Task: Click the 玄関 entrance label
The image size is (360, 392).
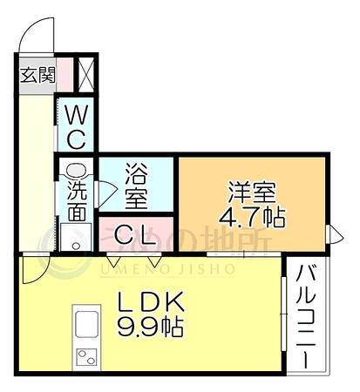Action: point(37,75)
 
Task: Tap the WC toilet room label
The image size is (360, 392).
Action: point(76,127)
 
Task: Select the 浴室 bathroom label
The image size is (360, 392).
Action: point(136,186)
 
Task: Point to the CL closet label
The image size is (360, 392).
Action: point(136,234)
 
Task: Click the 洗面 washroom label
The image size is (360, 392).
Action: point(77,200)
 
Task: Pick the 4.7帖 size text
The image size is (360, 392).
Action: point(252,217)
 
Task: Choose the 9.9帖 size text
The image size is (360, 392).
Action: point(151,328)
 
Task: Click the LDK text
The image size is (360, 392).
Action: point(151,301)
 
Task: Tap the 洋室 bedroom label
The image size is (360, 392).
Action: point(252,192)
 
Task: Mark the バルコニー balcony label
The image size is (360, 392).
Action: point(306,316)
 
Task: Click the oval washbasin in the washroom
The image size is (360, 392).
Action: point(75,170)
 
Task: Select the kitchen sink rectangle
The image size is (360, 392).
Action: point(86,324)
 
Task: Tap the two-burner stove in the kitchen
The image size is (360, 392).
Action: point(86,357)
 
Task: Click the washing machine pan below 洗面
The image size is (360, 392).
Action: point(76,237)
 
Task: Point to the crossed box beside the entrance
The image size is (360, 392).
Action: point(86,75)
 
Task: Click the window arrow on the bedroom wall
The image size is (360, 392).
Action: point(335,238)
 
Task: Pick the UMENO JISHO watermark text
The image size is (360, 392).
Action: point(167,270)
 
